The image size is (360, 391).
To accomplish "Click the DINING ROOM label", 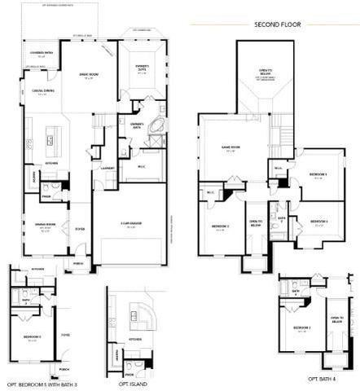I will (x=44, y=224).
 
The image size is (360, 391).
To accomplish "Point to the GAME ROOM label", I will (x=230, y=147).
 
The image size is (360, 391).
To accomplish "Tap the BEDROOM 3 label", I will (x=318, y=174).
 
